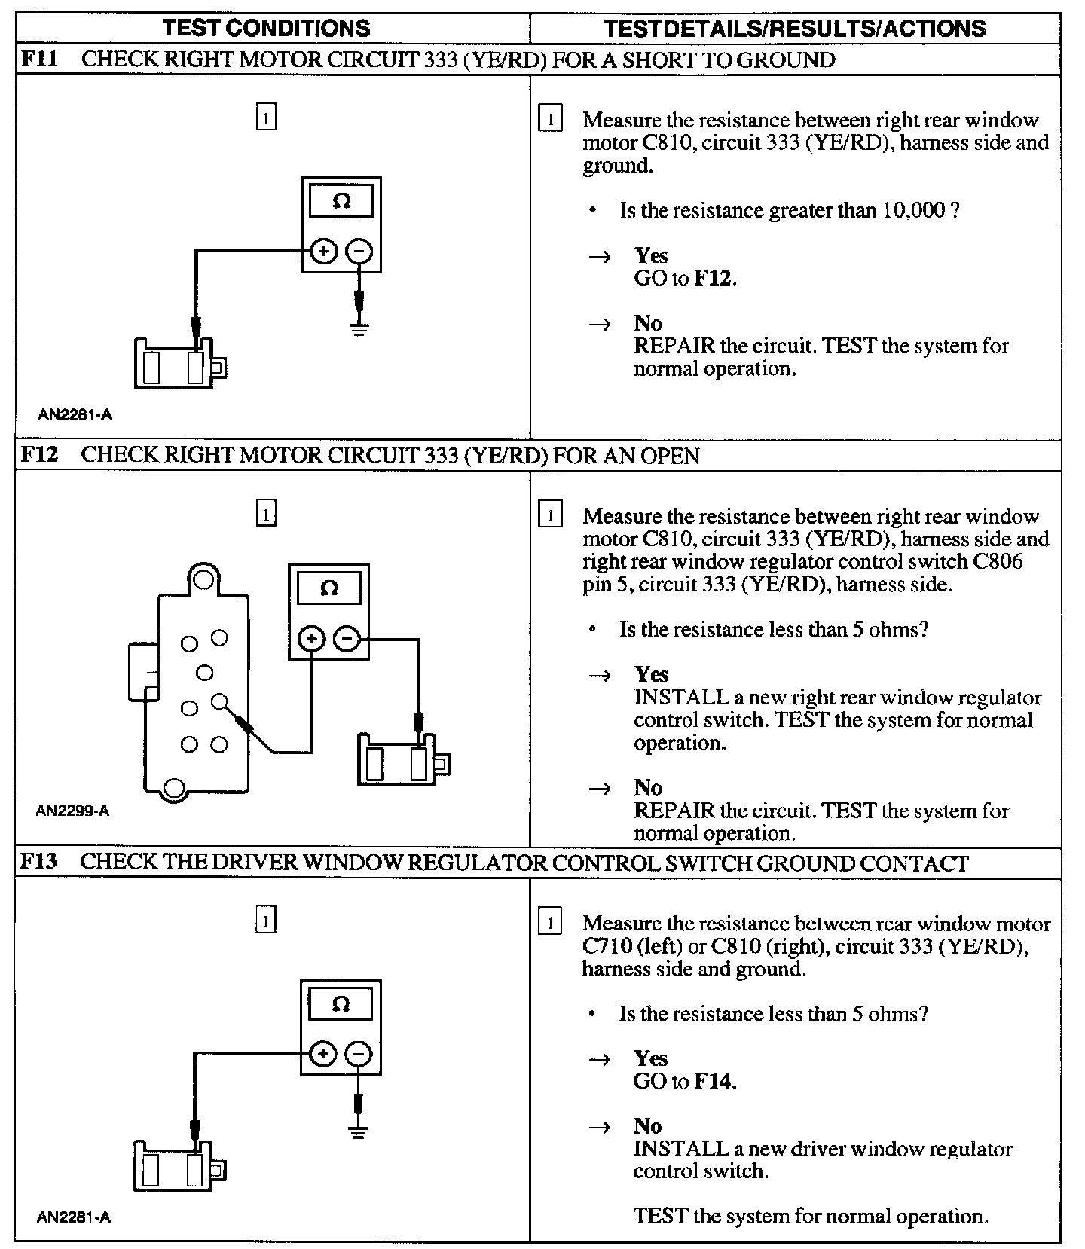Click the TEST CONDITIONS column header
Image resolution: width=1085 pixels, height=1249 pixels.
(267, 29)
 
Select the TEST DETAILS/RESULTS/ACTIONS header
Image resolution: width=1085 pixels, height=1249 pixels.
(795, 29)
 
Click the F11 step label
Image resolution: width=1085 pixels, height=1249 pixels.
(38, 60)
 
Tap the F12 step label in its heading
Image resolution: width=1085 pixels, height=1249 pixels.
(38, 455)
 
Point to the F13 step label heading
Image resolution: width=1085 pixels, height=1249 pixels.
(38, 862)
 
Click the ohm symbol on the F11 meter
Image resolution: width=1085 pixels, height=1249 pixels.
(341, 202)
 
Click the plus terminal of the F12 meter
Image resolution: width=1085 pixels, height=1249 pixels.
(311, 640)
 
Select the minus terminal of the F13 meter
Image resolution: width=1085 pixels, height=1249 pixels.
(359, 1054)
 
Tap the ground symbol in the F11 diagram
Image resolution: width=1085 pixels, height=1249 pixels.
(359, 328)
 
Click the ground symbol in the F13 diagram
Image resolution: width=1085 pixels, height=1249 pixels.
(359, 1131)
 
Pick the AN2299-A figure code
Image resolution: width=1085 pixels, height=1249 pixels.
(72, 811)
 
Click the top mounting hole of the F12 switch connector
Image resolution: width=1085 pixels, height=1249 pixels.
(202, 579)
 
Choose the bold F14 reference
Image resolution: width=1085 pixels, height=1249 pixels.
(713, 1081)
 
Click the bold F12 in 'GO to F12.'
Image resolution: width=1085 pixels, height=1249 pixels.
(713, 278)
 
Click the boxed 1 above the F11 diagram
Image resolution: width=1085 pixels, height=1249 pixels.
(266, 118)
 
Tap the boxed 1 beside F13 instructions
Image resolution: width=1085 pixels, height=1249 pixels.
(551, 923)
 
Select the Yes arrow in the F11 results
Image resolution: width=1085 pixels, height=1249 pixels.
(600, 257)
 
